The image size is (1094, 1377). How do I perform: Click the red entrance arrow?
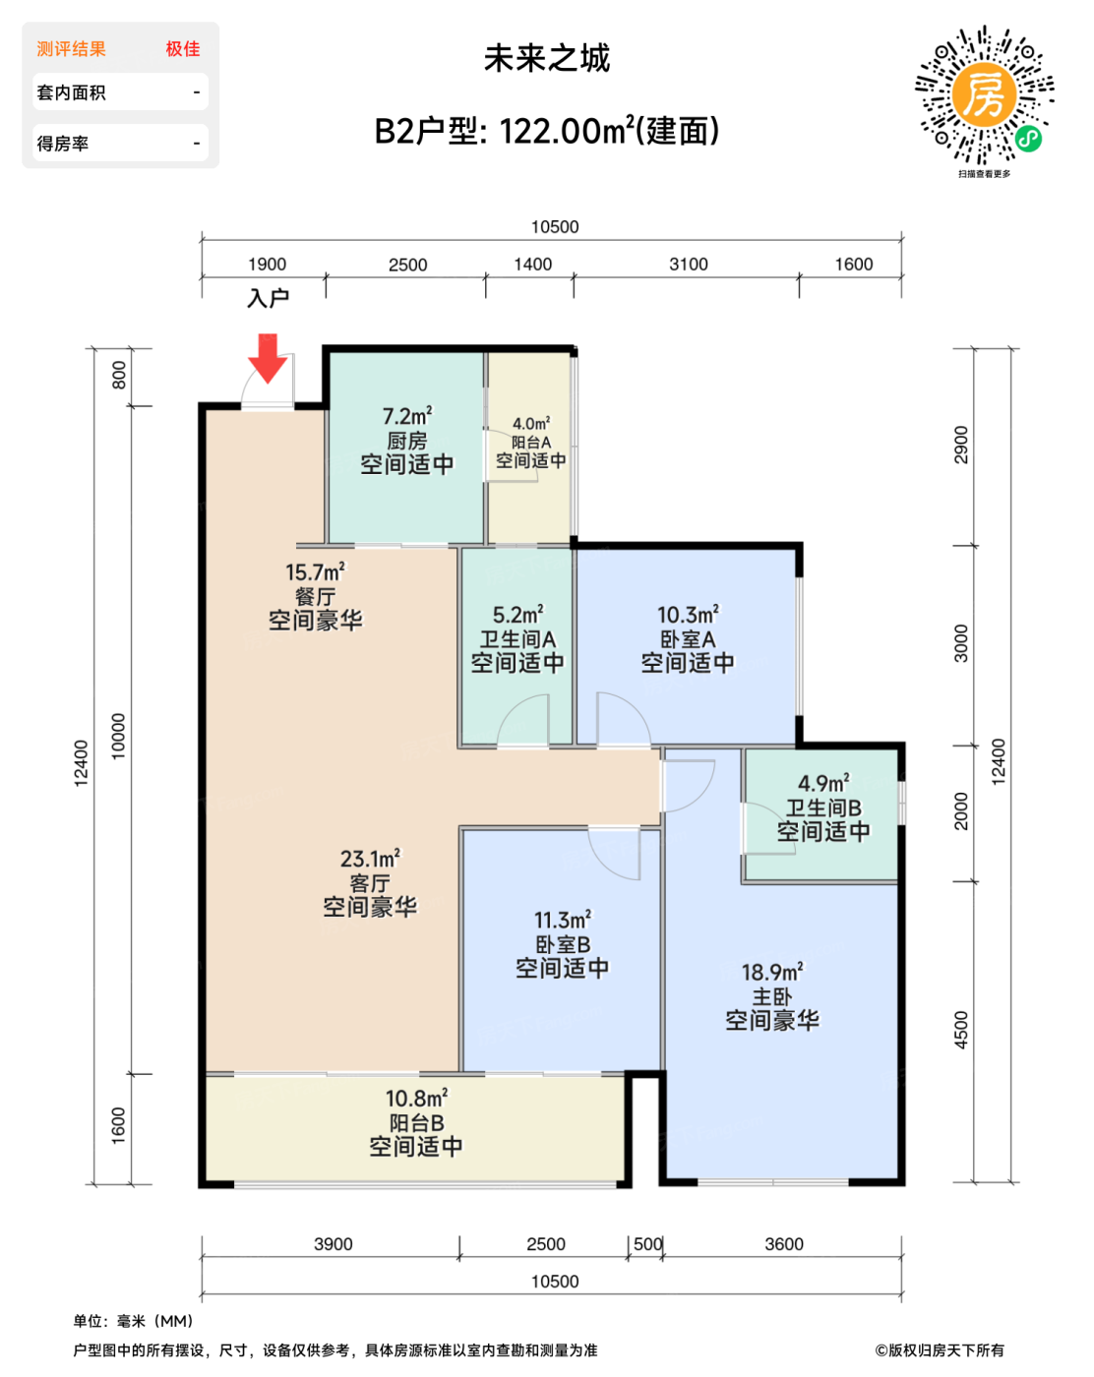tap(268, 357)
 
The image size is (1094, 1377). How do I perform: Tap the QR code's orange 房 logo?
tap(983, 96)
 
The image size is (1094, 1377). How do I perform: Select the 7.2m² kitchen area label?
tap(407, 416)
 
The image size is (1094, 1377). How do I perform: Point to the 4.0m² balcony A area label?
tap(530, 423)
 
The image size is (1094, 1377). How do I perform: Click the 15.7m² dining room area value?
tap(315, 572)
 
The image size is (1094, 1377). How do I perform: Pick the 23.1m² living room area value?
tap(370, 858)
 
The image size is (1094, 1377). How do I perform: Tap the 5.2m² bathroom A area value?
tap(517, 615)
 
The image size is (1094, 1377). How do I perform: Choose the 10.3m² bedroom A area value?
tap(688, 615)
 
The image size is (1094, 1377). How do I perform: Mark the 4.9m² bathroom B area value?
tap(823, 783)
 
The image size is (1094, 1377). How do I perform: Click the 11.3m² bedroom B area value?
tap(563, 921)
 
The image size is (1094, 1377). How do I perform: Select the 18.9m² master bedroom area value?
tap(772, 973)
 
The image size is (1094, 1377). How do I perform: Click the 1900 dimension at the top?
tap(267, 265)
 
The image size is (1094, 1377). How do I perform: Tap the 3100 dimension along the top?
tap(688, 265)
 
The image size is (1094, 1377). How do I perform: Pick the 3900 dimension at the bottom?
tap(333, 1244)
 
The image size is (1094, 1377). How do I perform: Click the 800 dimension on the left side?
tap(119, 375)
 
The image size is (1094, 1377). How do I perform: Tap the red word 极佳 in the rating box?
tap(182, 48)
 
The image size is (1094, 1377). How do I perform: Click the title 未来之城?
tap(547, 58)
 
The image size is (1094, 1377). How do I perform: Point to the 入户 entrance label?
tap(269, 298)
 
